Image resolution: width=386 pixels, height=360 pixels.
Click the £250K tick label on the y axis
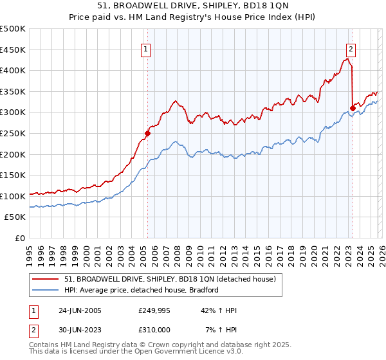13,133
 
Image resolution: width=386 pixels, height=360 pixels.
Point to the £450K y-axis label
13,50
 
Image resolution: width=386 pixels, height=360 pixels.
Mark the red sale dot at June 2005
147,134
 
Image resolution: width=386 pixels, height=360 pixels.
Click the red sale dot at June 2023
353,108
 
